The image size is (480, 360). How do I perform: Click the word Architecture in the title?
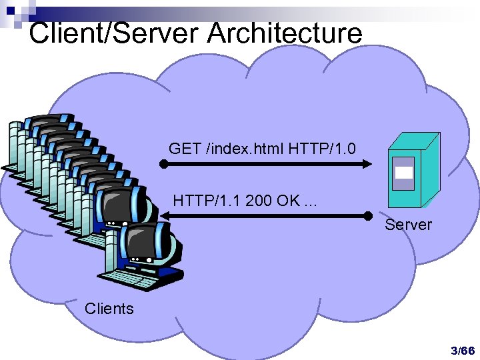point(285,33)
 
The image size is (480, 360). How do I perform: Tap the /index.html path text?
point(245,148)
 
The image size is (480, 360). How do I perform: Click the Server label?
point(408,225)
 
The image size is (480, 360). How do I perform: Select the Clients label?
point(109,309)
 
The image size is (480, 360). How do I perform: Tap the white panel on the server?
point(403,172)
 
